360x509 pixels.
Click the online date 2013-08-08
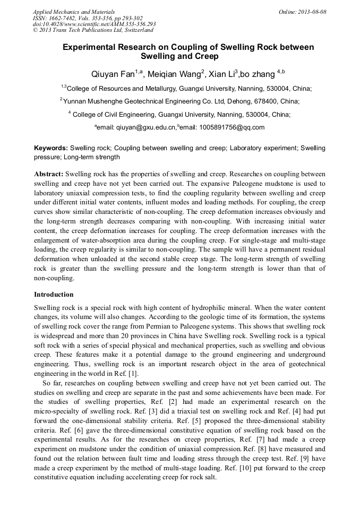pyautogui.click(x=311, y=11)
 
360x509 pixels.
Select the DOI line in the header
pyautogui.click(x=95, y=24)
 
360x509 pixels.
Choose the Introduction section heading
pyautogui.click(x=54, y=295)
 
